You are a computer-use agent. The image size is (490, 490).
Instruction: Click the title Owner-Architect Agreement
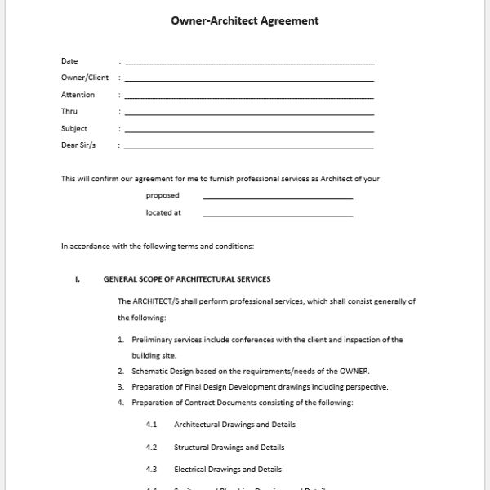pos(244,21)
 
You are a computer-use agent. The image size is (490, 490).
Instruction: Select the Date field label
pos(69,61)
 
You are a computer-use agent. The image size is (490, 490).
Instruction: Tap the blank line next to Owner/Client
pos(249,80)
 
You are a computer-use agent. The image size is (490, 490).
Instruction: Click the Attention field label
pos(78,95)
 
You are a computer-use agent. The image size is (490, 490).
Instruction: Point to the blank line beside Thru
pos(249,114)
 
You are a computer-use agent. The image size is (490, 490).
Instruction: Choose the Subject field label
pos(73,128)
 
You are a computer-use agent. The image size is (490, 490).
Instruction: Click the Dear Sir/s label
pos(78,145)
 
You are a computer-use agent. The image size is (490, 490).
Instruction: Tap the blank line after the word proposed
pos(278,198)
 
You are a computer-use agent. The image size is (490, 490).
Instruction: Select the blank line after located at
pos(278,216)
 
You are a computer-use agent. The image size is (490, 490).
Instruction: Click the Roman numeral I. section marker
pos(78,279)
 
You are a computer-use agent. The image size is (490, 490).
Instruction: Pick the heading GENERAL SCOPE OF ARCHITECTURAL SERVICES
pos(187,279)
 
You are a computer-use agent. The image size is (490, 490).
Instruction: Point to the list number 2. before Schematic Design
pos(120,371)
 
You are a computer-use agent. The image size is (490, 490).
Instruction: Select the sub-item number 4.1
pos(151,425)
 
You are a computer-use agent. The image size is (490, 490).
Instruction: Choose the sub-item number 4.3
pos(151,470)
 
